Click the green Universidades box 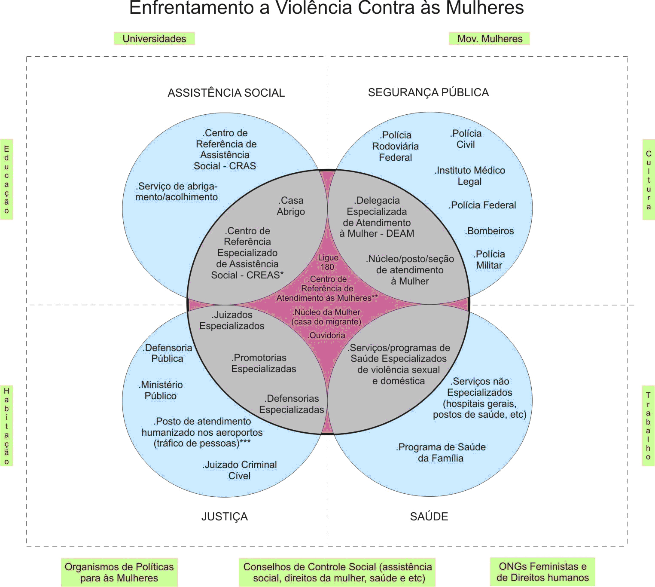[154, 39]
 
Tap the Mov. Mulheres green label [489, 39]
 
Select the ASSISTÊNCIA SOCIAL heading [226, 93]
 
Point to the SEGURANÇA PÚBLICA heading [428, 92]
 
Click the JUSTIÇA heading [224, 517]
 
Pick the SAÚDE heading [429, 517]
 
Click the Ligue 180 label [327, 262]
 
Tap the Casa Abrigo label [291, 206]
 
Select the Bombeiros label [490, 231]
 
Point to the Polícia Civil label [466, 139]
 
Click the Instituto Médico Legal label [470, 176]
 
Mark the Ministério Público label [161, 390]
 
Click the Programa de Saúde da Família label [441, 452]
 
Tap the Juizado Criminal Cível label [240, 470]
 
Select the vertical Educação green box [6, 179]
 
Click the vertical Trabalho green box [648, 425]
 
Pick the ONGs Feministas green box [542, 572]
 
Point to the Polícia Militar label [489, 260]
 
